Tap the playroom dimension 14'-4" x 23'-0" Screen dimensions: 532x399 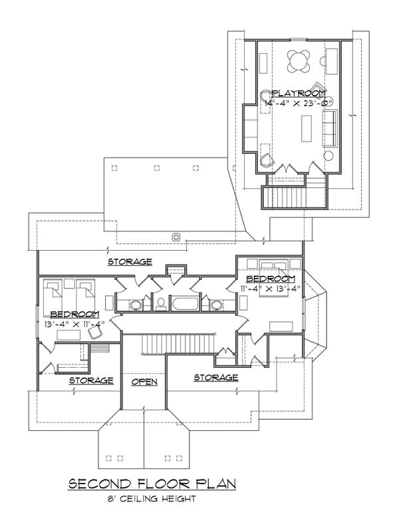[x=297, y=104]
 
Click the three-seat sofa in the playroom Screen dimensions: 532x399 [x=329, y=128]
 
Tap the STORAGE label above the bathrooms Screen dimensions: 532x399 [x=132, y=261]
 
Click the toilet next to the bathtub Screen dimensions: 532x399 [x=161, y=305]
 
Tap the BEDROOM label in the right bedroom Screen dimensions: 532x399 [x=270, y=277]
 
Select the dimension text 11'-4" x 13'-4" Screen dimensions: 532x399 [x=271, y=288]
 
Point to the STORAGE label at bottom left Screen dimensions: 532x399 [x=91, y=380]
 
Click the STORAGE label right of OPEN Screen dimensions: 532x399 [x=215, y=378]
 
